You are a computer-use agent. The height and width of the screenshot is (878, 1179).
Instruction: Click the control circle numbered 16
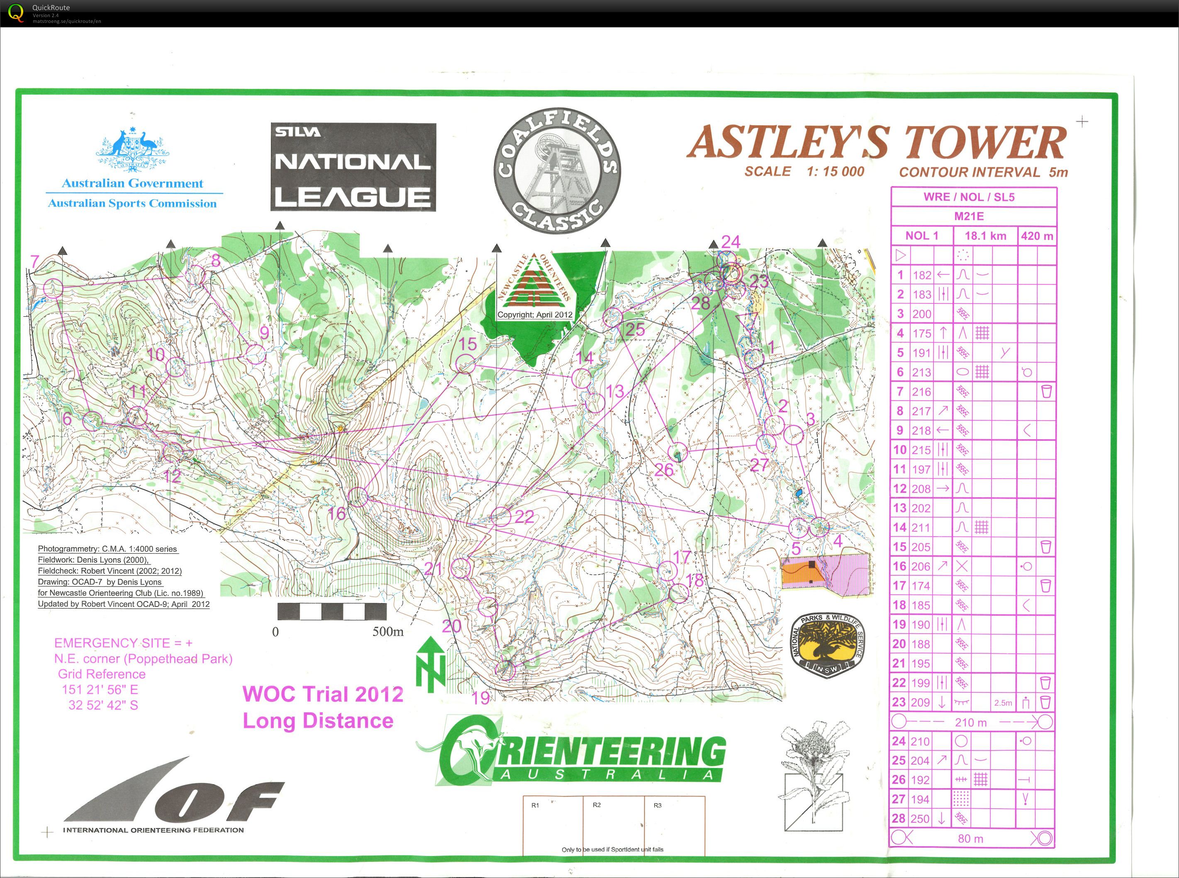click(358, 497)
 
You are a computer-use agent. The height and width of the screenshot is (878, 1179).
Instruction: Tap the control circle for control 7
click(53, 289)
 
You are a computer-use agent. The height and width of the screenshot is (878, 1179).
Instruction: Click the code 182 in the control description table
click(922, 275)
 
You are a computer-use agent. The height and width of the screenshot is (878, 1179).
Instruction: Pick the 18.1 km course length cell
click(985, 236)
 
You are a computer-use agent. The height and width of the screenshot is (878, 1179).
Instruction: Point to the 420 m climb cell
click(1037, 236)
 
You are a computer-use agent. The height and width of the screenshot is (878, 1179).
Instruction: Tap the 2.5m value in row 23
click(1003, 703)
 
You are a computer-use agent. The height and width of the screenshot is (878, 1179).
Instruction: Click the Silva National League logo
click(353, 167)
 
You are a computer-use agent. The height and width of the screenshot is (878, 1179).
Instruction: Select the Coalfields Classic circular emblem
click(557, 171)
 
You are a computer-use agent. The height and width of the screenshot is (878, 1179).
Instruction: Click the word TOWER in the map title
click(985, 142)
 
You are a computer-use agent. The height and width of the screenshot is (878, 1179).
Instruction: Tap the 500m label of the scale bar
click(388, 632)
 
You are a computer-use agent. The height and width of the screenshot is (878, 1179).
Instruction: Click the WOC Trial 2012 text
click(322, 694)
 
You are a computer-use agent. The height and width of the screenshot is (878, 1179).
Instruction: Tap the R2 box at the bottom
click(614, 825)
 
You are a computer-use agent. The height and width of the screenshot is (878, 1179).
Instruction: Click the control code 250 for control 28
click(921, 819)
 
